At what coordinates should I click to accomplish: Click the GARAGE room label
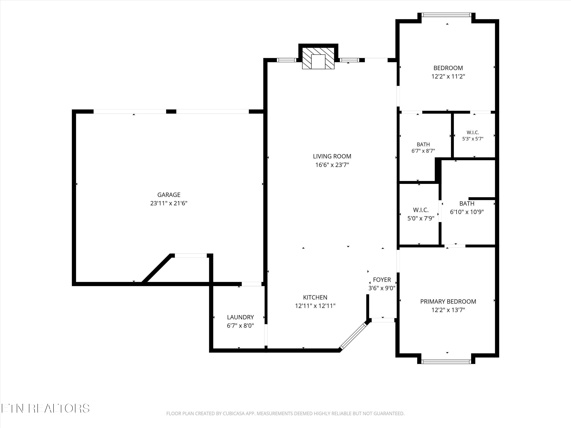[169, 195]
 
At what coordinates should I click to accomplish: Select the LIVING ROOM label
[332, 156]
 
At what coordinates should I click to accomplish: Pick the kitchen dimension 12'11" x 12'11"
[315, 306]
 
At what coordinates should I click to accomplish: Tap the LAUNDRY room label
[240, 317]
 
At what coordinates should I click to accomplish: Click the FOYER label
[382, 280]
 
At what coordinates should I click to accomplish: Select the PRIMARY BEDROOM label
[448, 301]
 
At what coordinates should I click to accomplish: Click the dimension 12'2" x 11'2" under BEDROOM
[448, 76]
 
